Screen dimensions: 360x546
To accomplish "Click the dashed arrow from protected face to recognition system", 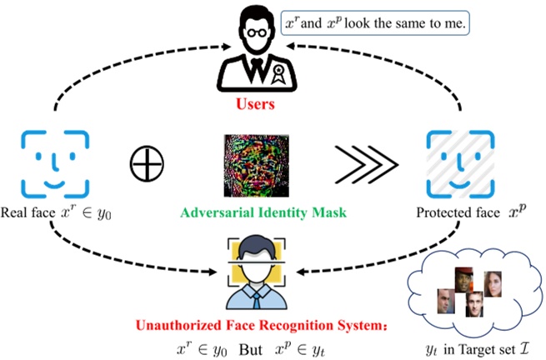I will coord(392,258).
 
